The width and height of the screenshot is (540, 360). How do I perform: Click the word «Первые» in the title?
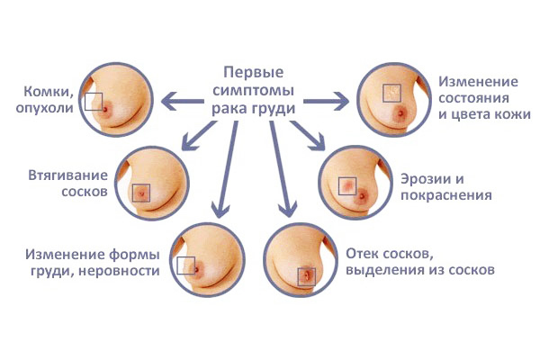(x=254, y=73)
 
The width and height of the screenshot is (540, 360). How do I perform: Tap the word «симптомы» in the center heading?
(x=253, y=90)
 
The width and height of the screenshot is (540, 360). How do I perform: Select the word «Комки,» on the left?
(x=49, y=92)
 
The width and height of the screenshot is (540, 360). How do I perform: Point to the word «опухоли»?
(x=44, y=108)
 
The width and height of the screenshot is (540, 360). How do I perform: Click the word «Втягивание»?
(x=67, y=175)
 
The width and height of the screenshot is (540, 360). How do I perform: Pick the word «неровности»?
(x=119, y=271)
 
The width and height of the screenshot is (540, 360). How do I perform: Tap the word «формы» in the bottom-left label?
(x=134, y=256)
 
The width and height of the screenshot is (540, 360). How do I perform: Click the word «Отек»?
(x=362, y=254)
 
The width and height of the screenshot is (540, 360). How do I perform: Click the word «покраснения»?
(x=446, y=195)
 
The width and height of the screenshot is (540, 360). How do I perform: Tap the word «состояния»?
(x=473, y=98)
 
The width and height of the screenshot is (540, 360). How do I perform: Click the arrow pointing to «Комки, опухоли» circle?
(x=183, y=102)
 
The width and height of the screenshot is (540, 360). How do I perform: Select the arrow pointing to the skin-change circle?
(x=326, y=102)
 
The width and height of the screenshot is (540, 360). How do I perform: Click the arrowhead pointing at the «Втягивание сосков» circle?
(x=188, y=144)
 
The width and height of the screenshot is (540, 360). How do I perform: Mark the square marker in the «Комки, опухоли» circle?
(x=94, y=102)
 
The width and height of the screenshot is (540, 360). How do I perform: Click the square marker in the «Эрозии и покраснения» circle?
(x=347, y=186)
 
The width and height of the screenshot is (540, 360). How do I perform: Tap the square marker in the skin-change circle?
(x=391, y=93)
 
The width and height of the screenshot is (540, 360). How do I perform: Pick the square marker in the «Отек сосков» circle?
(x=307, y=276)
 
